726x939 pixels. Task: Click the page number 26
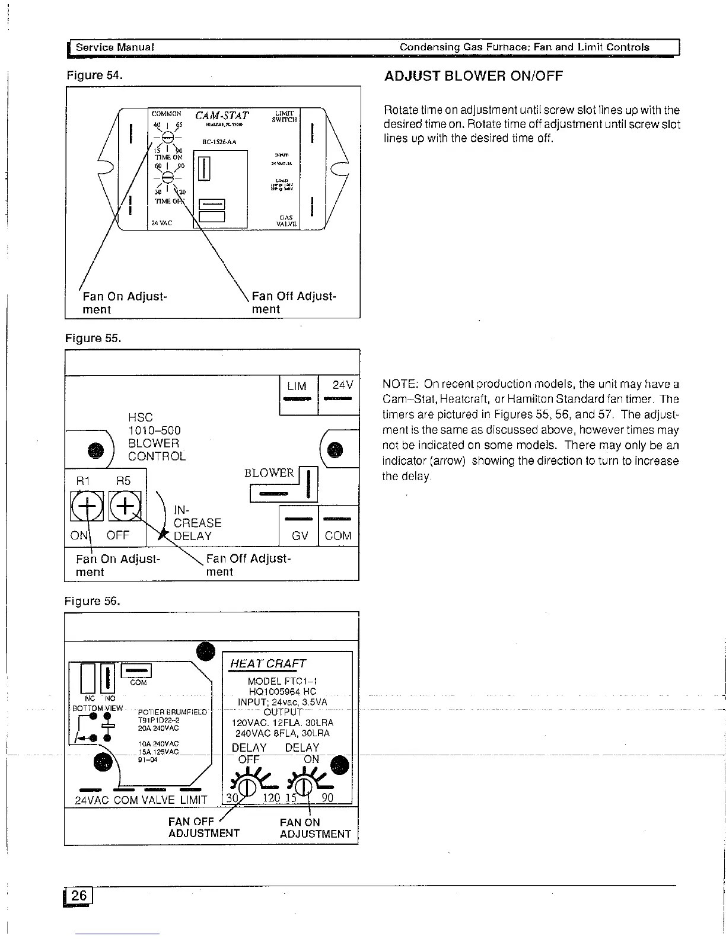(x=79, y=896)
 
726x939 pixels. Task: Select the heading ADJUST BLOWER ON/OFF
(x=473, y=76)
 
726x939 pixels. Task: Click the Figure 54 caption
(x=94, y=76)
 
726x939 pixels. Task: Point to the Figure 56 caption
(x=93, y=601)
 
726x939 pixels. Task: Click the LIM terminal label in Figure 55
(x=297, y=386)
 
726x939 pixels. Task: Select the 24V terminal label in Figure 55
(x=343, y=386)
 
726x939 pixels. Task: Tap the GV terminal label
(x=300, y=536)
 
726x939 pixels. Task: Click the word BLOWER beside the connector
(x=269, y=472)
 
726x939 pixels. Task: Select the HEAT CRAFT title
(x=268, y=664)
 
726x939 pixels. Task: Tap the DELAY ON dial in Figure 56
(x=303, y=787)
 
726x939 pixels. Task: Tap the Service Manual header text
(x=115, y=47)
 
